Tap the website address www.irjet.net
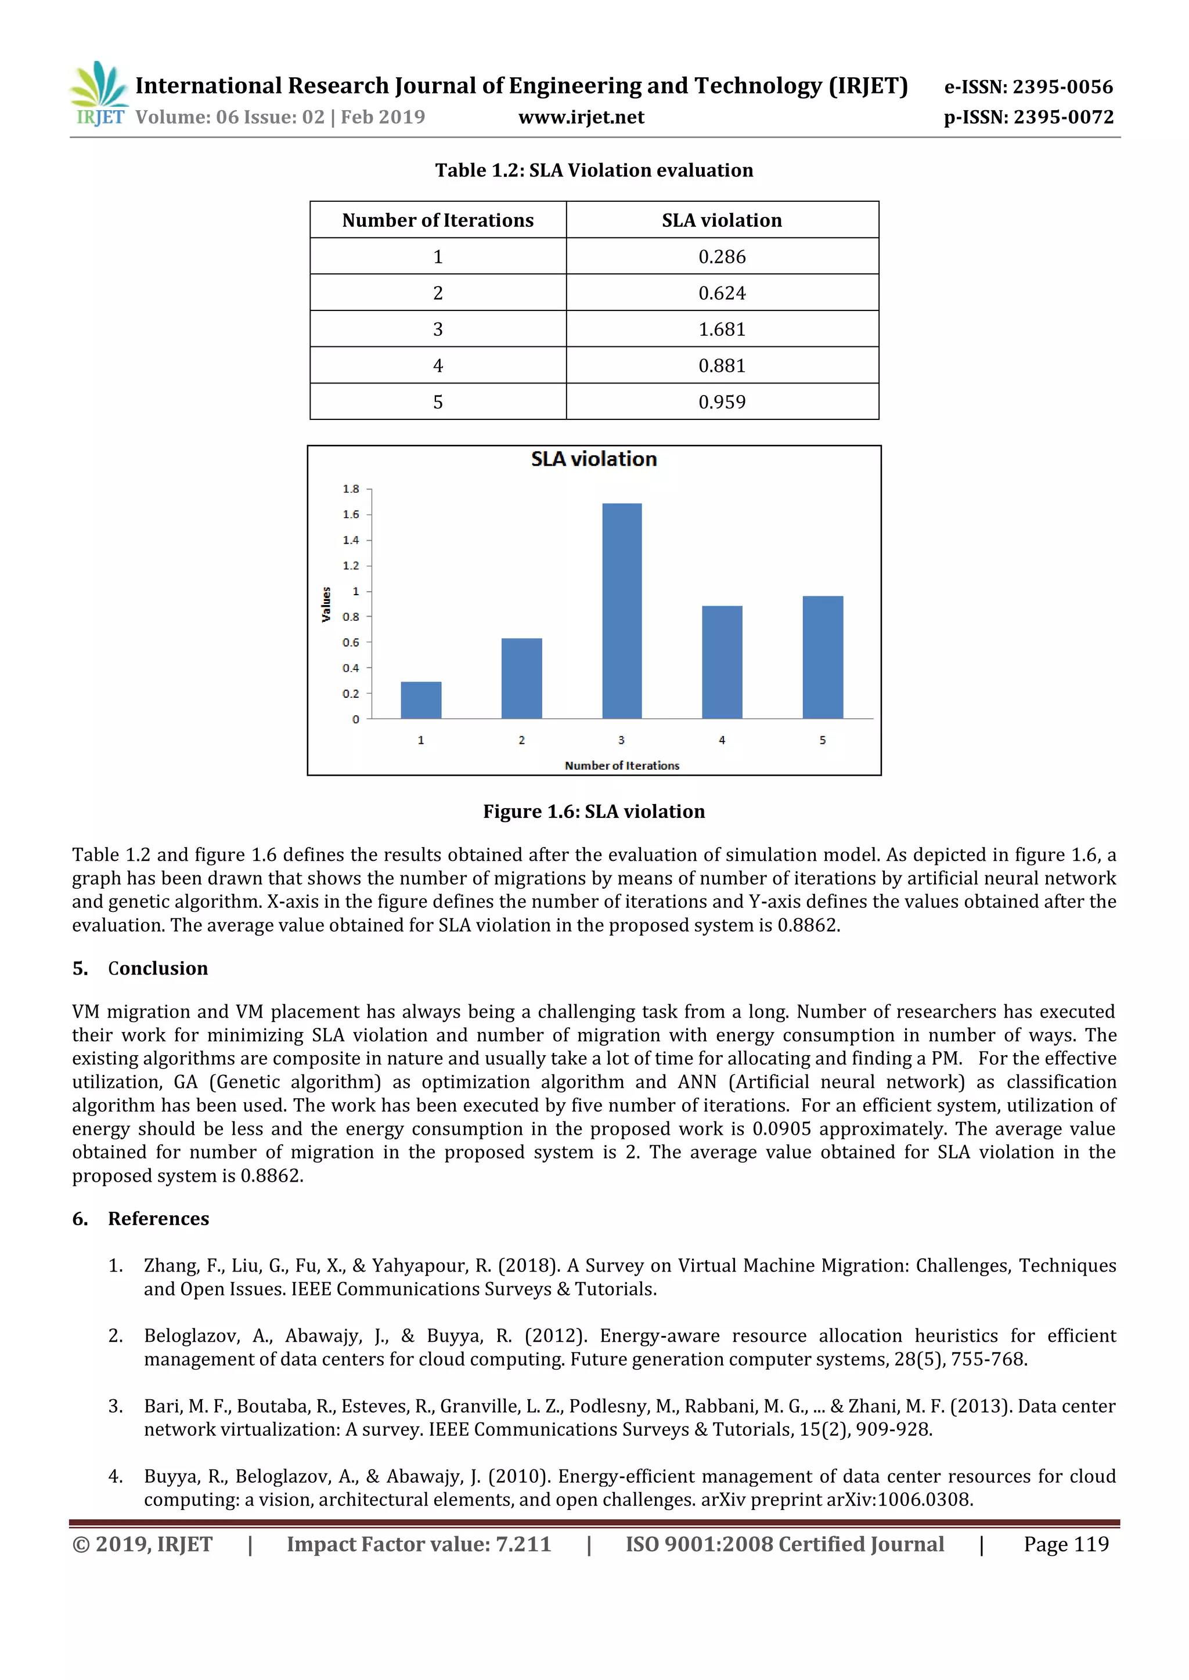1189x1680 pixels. click(581, 118)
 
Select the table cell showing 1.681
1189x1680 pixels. click(722, 330)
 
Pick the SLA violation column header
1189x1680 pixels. click(722, 220)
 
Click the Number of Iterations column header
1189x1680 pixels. click(438, 220)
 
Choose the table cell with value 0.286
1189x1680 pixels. click(722, 257)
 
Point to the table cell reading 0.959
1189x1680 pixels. click(722, 401)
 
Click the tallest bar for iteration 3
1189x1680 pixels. click(622, 611)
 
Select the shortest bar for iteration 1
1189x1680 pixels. click(421, 700)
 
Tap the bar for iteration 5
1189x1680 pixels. click(822, 657)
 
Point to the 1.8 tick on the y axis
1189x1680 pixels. click(351, 489)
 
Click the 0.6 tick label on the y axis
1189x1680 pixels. click(351, 642)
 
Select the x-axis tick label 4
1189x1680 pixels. click(722, 740)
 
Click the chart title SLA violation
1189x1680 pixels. click(594, 459)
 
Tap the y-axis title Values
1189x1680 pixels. click(326, 604)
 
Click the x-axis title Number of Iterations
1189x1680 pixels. click(622, 765)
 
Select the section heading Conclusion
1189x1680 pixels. click(157, 968)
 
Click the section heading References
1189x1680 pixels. click(158, 1218)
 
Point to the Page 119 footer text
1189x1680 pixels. click(1065, 1544)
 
